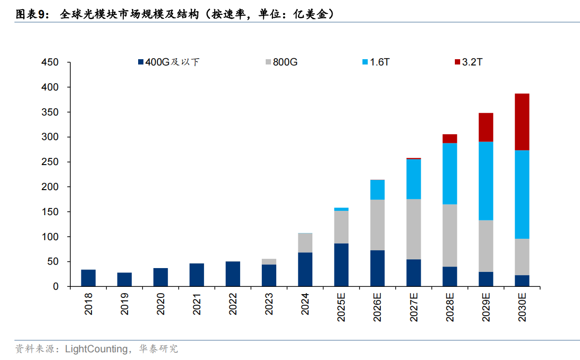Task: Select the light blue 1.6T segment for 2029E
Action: (486, 181)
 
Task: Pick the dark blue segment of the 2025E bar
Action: (341, 265)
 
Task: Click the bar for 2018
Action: (88, 278)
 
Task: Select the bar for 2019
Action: (124, 280)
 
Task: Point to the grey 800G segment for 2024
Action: (305, 243)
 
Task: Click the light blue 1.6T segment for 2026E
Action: (377, 190)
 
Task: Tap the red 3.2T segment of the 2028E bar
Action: (450, 139)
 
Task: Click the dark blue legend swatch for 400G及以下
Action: (141, 62)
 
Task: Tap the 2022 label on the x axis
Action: (233, 305)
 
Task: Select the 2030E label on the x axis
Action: (522, 308)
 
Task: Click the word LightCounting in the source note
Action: (96, 349)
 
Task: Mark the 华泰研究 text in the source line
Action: (158, 349)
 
